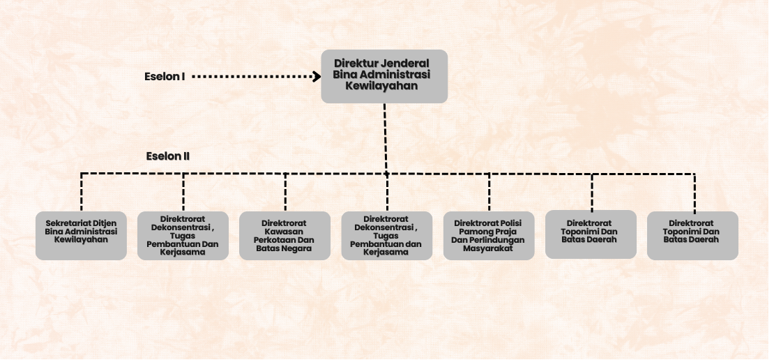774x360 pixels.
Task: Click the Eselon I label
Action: pyautogui.click(x=165, y=77)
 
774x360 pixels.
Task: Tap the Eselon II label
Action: pyautogui.click(x=168, y=156)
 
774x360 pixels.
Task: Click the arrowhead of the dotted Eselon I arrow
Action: pyautogui.click(x=317, y=76)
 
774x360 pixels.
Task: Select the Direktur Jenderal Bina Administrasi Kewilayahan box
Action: pyautogui.click(x=384, y=76)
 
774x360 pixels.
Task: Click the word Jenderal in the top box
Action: pyautogui.click(x=404, y=63)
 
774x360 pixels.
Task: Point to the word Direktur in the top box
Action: pyautogui.click(x=356, y=63)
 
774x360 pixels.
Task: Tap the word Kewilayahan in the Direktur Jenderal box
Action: pyautogui.click(x=381, y=86)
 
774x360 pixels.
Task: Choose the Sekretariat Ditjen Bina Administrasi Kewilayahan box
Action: pyautogui.click(x=81, y=236)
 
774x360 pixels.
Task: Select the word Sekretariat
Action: pyautogui.click(x=68, y=223)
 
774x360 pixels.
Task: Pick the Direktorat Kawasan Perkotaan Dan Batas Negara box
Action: pyautogui.click(x=284, y=236)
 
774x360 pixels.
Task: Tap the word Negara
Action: pyautogui.click(x=296, y=248)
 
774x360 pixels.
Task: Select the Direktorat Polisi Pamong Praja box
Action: pyautogui.click(x=489, y=236)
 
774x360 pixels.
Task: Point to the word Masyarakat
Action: pyautogui.click(x=488, y=248)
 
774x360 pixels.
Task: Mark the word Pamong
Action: pyautogui.click(x=475, y=232)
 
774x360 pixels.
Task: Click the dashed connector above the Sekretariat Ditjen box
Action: pyautogui.click(x=82, y=192)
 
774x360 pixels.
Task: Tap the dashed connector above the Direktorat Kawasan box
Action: pyautogui.click(x=285, y=192)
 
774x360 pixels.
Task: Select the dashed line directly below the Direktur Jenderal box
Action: pyautogui.click(x=386, y=138)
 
